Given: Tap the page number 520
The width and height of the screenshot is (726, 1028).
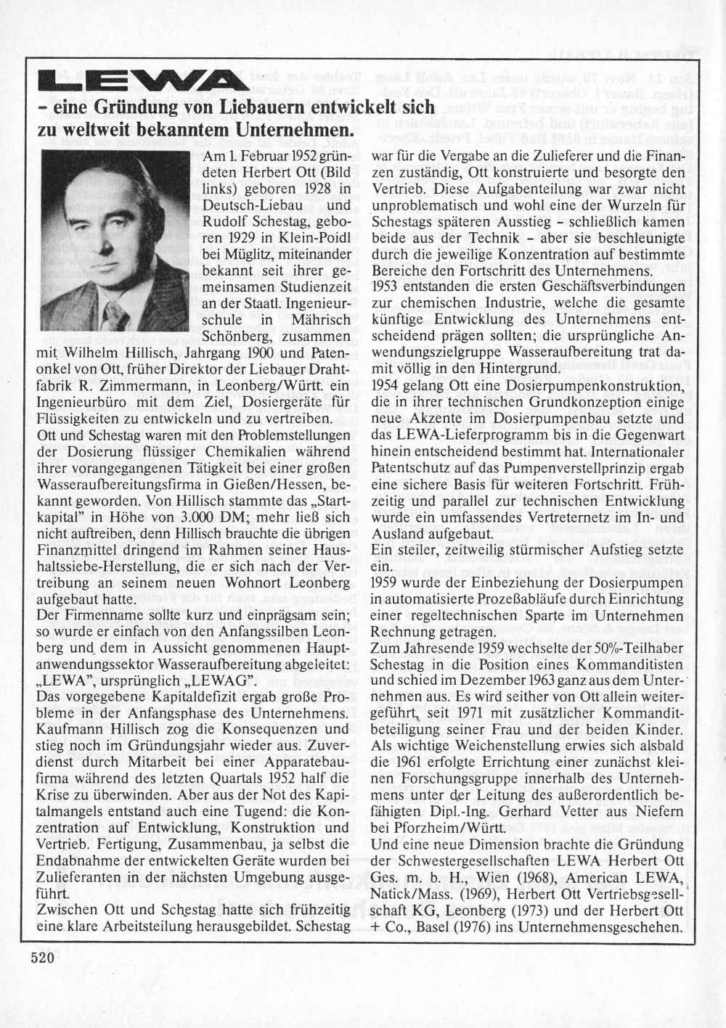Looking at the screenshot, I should click(43, 958).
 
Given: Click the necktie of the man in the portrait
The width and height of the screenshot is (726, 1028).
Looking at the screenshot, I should click(114, 313).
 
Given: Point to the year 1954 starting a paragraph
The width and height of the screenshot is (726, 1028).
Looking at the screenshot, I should click(386, 385).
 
